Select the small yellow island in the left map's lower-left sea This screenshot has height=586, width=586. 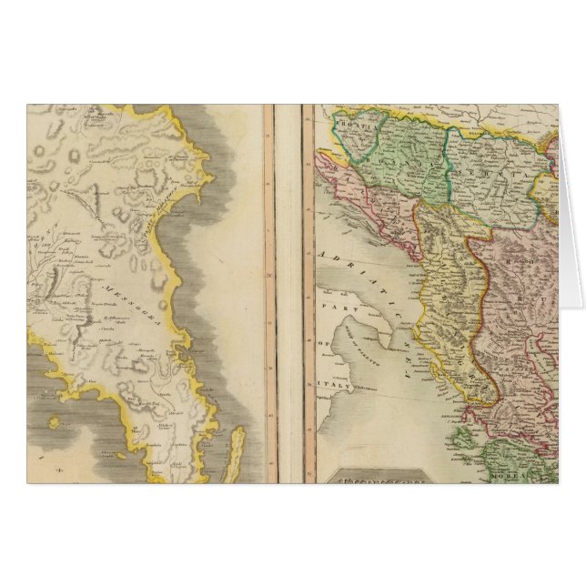[54, 422]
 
